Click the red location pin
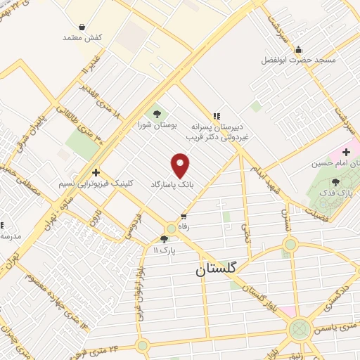click(181, 165)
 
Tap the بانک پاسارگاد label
click(171, 184)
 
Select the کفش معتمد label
click(83, 37)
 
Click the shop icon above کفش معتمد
click(83, 27)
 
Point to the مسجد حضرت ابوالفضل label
click(300, 60)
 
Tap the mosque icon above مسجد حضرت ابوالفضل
click(300, 50)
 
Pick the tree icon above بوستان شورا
click(156, 113)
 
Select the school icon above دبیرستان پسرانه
click(217, 115)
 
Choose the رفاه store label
click(185, 226)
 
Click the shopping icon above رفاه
click(184, 217)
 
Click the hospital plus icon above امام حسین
click(347, 152)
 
